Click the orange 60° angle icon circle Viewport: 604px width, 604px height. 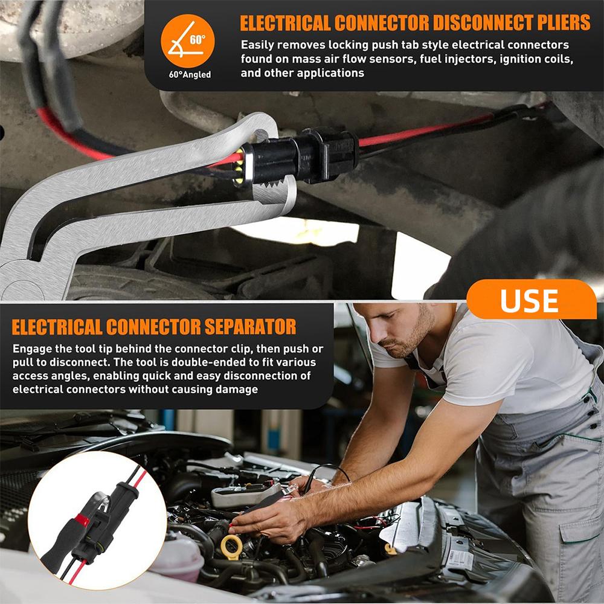(x=187, y=40)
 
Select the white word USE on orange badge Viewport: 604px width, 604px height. (x=529, y=300)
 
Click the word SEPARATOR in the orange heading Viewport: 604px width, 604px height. (x=250, y=327)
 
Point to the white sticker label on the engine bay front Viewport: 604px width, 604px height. (x=459, y=559)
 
